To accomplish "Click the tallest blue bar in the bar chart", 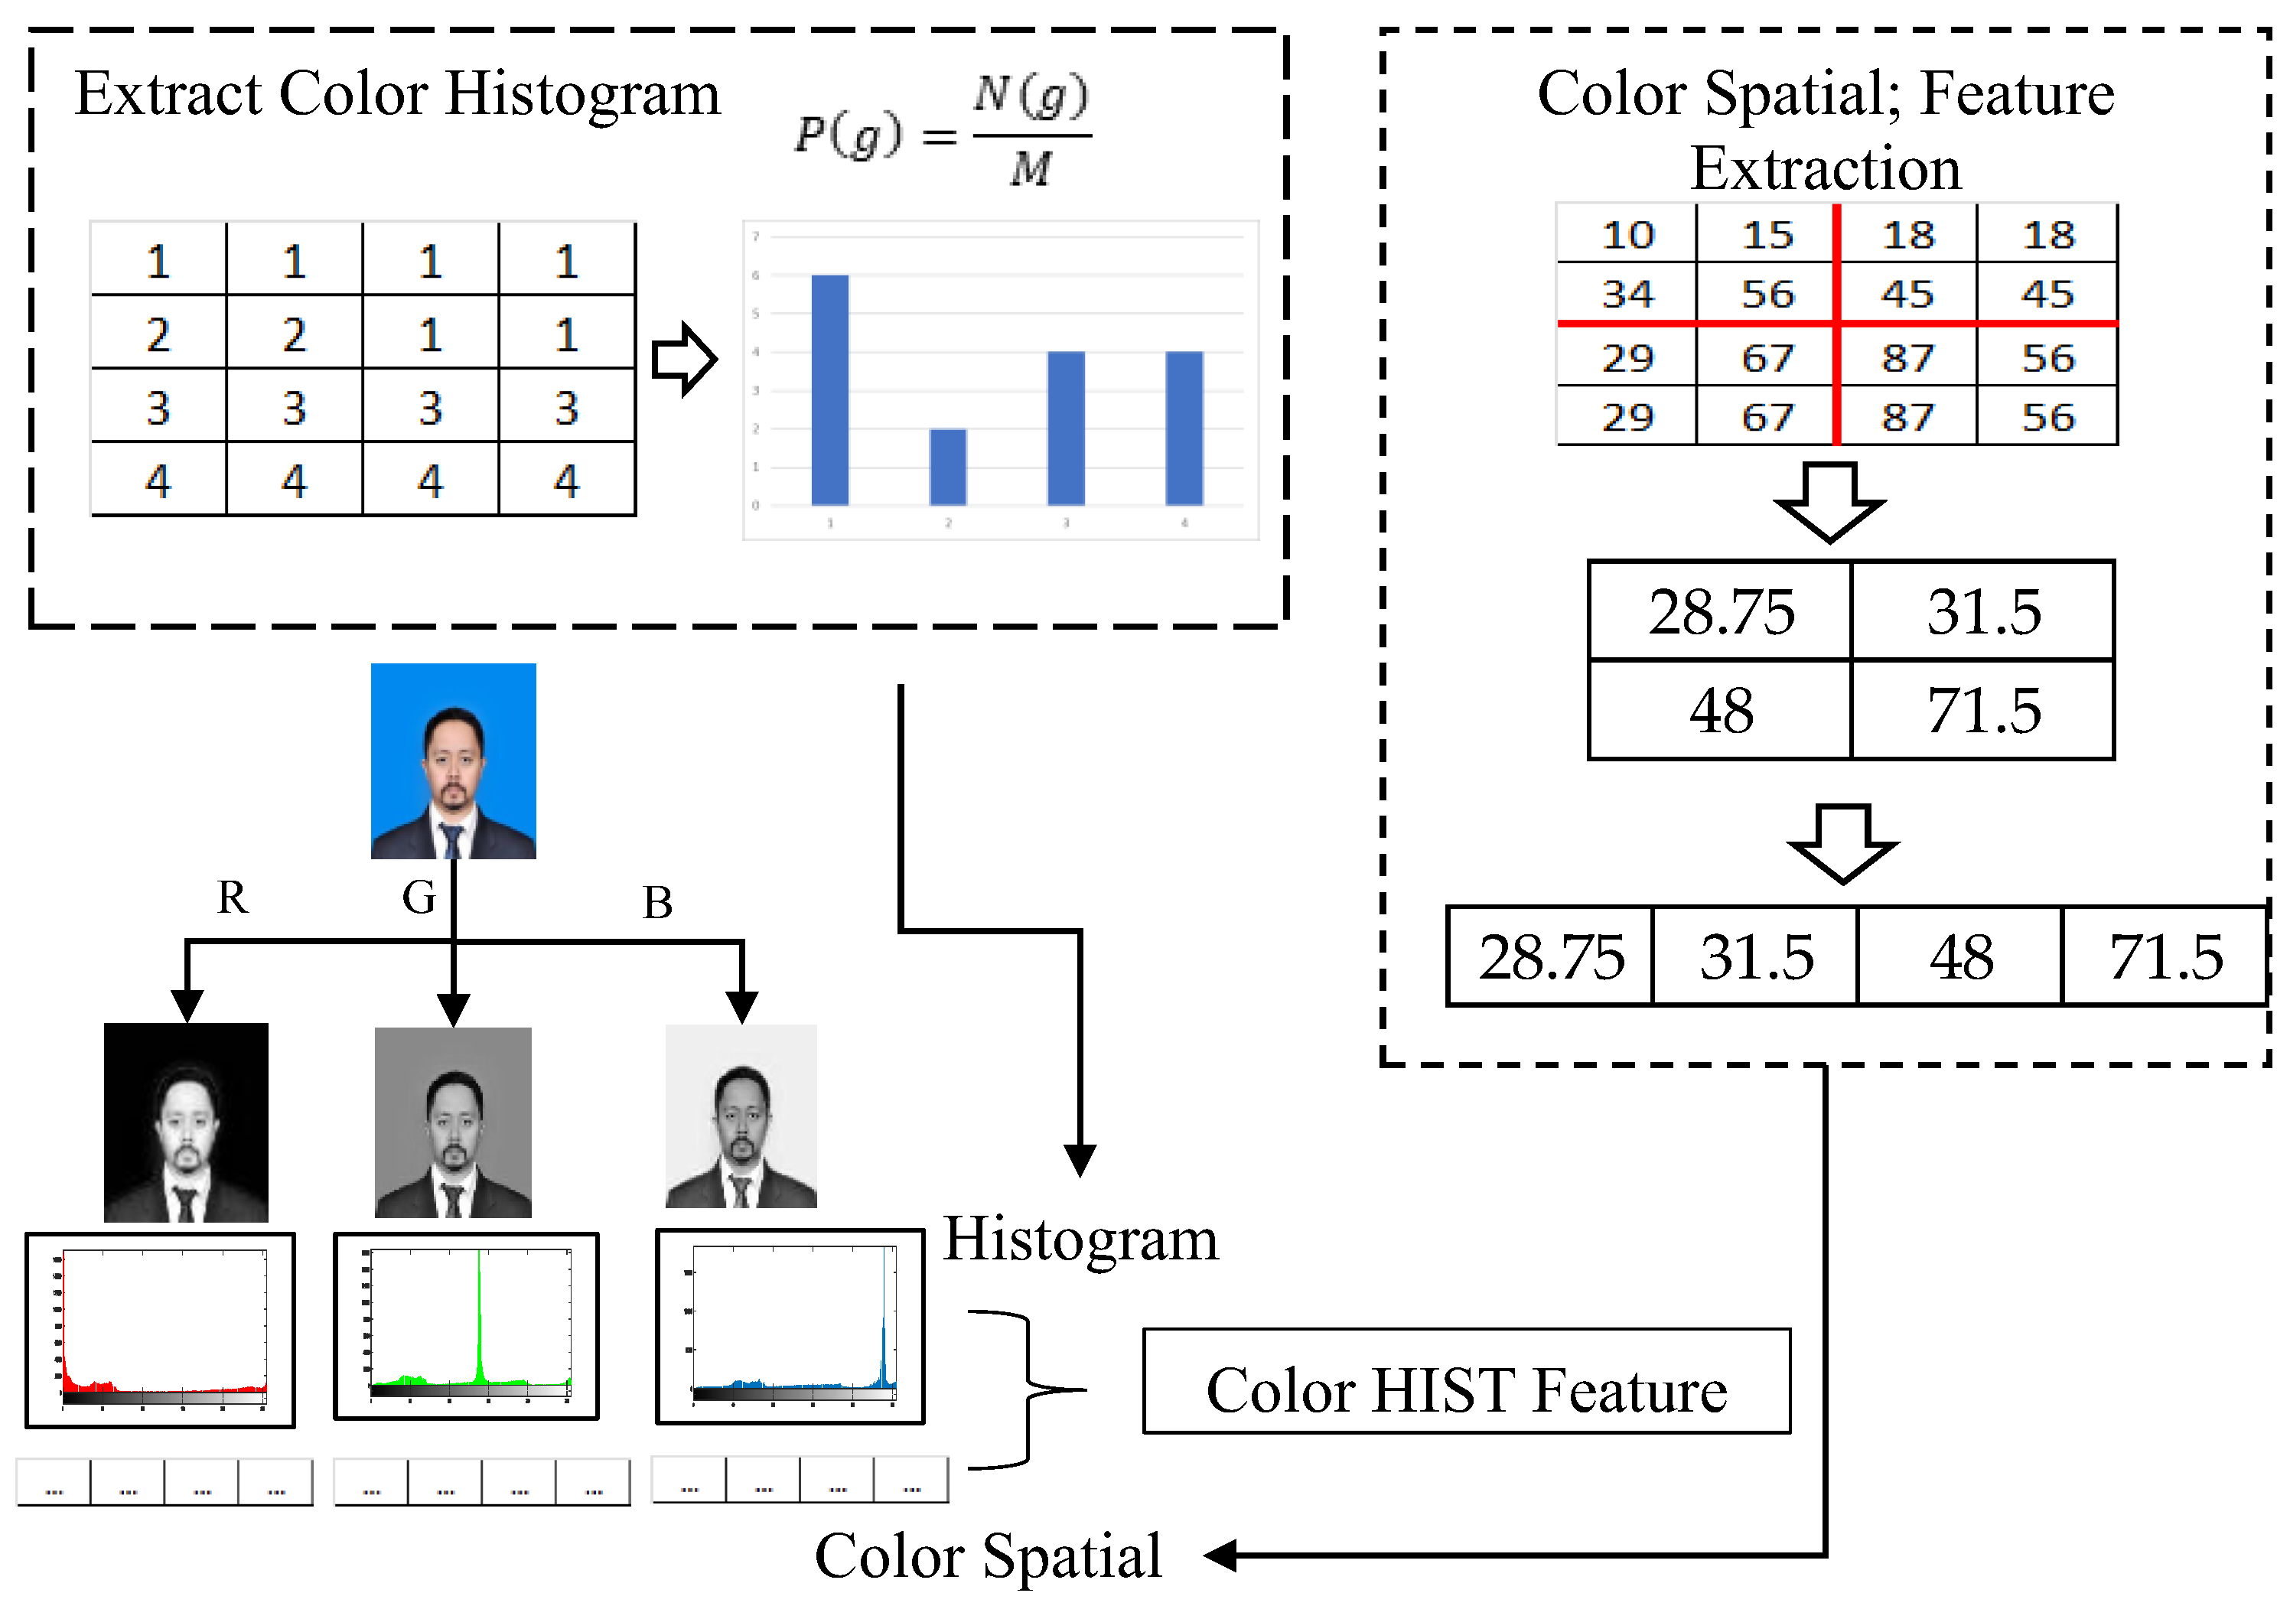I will [x=830, y=389].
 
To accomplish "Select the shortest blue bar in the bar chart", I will [x=947, y=467].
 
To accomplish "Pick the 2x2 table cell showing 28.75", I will [x=1721, y=611].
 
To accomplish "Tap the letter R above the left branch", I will [x=233, y=897].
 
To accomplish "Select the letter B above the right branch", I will [x=657, y=903].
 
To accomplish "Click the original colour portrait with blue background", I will [x=454, y=761].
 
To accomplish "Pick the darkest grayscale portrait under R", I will [x=187, y=1122].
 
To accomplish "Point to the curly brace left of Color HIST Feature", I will [x=1028, y=1389].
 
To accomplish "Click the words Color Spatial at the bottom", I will [x=988, y=1556].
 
